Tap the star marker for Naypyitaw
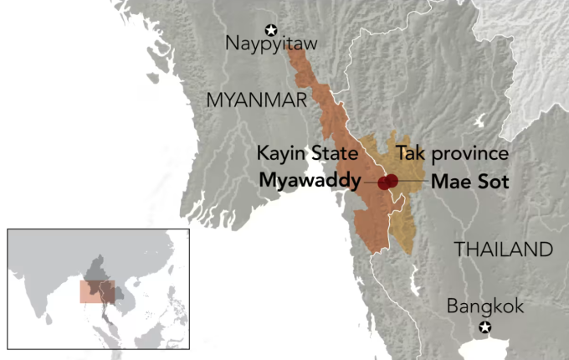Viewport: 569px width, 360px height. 270,28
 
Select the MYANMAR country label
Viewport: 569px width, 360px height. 256,100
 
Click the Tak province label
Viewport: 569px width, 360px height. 452,154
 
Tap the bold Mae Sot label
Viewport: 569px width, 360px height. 469,181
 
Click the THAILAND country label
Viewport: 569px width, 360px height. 503,249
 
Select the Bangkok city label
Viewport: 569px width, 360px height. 485,306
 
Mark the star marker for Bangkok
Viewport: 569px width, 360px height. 485,327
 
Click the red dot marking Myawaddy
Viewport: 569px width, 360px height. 384,183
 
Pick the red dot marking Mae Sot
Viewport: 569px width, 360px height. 392,181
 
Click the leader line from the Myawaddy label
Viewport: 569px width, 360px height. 371,182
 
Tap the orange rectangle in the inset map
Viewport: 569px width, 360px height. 97,291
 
